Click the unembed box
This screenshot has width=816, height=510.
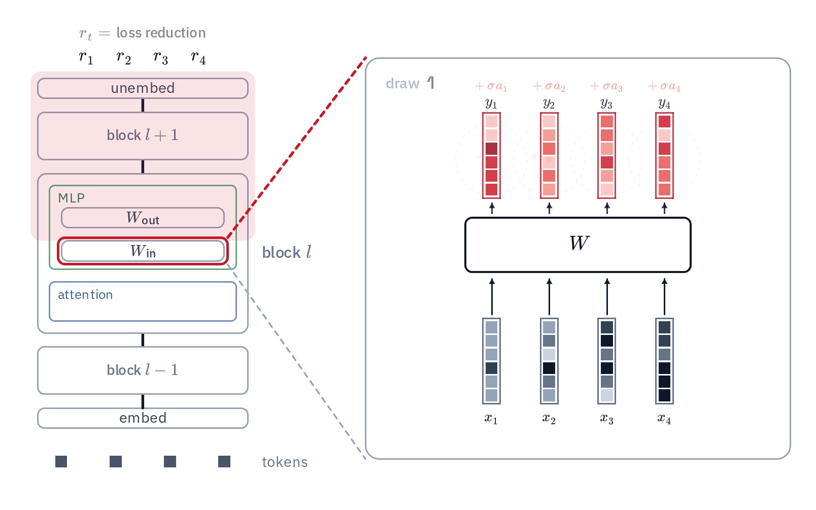click(143, 88)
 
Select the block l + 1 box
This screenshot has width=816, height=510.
click(143, 136)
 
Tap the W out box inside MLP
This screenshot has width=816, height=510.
click(143, 218)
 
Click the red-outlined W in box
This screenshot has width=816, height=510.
click(143, 251)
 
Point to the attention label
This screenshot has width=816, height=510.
click(85, 295)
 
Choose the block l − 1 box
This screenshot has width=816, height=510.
click(143, 370)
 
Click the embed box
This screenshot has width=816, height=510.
click(143, 418)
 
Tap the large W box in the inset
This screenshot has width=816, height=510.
click(578, 245)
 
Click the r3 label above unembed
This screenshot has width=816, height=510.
click(161, 57)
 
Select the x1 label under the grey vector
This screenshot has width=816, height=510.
click(491, 419)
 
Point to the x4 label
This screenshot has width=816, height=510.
click(664, 419)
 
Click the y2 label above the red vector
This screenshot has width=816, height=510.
click(549, 104)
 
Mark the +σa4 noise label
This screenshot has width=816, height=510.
click(664, 86)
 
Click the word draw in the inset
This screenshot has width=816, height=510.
click(402, 83)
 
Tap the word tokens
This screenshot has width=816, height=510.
click(285, 462)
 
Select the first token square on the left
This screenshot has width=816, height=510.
click(61, 462)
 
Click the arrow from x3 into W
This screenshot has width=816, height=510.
click(607, 296)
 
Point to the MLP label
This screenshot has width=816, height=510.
click(72, 198)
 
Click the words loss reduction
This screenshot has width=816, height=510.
click(161, 33)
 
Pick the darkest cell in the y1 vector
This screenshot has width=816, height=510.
click(491, 149)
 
